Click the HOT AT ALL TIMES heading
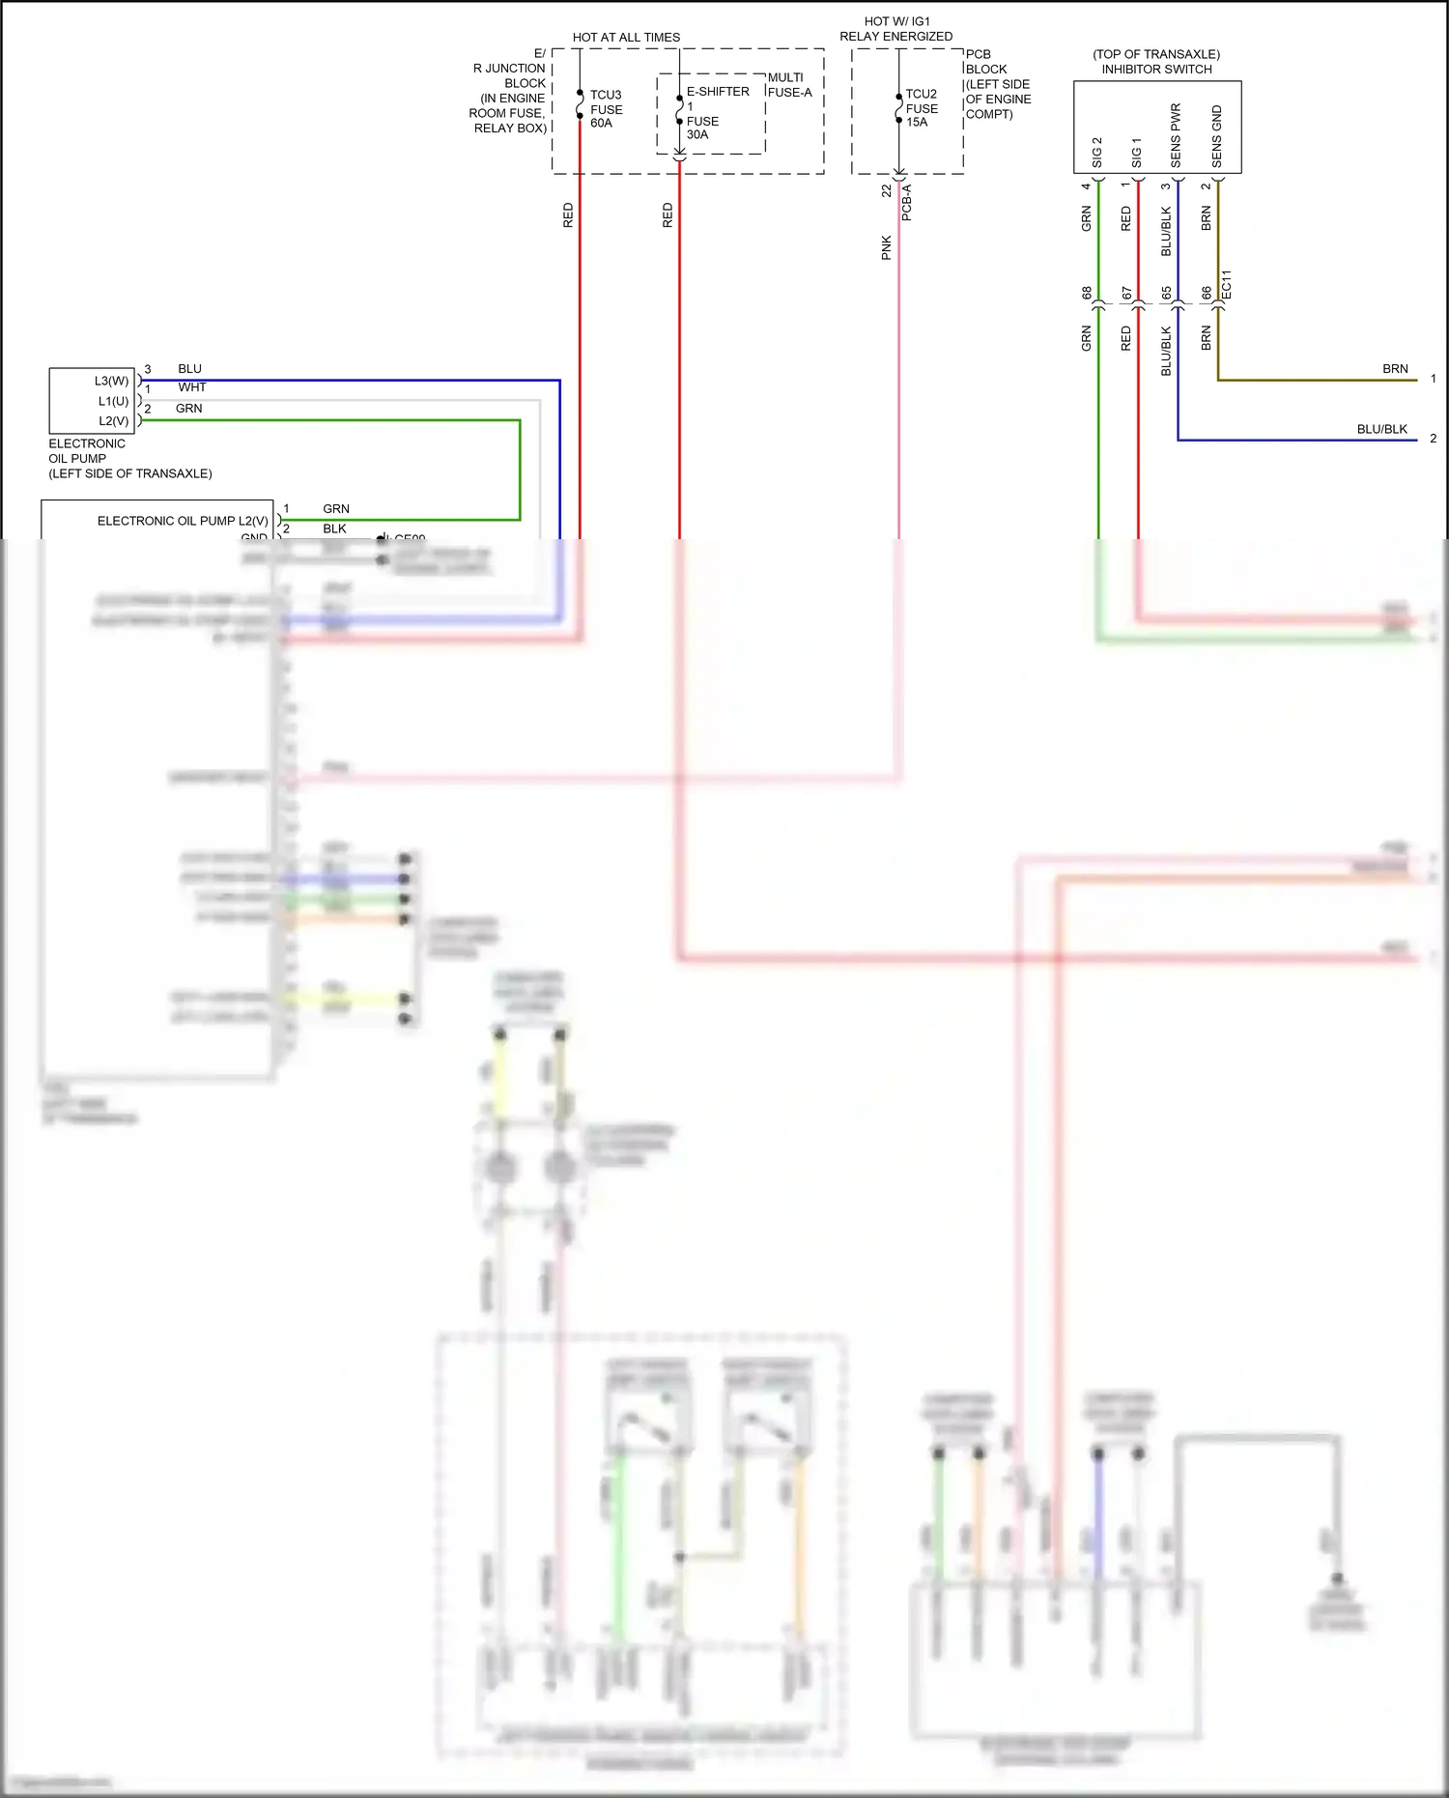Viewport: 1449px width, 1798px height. point(626,38)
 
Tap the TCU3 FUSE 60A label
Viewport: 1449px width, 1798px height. point(606,108)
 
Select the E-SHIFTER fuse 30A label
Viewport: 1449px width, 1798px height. point(717,112)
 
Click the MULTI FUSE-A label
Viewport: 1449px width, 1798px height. point(789,85)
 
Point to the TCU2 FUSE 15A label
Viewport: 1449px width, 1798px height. point(921,108)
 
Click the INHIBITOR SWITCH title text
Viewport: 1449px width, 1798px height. point(1156,70)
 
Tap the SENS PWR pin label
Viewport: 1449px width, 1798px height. point(1176,134)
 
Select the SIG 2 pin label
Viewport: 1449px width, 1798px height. point(1096,152)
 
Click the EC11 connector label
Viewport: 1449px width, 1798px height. point(1227,284)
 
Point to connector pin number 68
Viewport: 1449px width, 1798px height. point(1087,293)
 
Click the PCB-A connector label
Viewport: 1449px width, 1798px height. point(906,203)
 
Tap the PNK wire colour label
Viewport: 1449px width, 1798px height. point(886,248)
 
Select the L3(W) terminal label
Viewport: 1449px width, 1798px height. point(111,381)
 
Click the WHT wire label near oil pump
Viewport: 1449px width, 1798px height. point(192,387)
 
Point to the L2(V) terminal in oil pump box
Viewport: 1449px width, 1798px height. point(113,421)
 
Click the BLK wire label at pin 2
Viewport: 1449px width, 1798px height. point(334,528)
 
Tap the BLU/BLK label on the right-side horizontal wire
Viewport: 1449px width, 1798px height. point(1381,429)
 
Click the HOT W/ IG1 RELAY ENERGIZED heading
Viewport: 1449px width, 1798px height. point(895,29)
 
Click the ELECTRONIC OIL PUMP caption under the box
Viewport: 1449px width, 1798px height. point(129,458)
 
